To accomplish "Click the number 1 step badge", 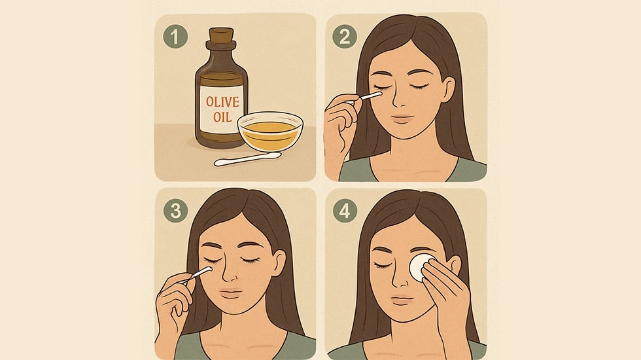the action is (175, 36).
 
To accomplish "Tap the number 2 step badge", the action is (345, 37).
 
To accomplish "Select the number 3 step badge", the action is (175, 211).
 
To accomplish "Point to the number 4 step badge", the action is (345, 211).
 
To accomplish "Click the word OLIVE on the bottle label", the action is (222, 101).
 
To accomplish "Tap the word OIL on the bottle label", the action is (222, 117).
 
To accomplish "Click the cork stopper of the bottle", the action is (221, 35).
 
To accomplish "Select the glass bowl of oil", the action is (270, 132).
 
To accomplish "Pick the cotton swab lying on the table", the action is (248, 158).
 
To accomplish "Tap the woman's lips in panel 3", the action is (231, 293).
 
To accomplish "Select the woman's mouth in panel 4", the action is (402, 300).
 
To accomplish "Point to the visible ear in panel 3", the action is (279, 263).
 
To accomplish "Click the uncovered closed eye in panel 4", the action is (383, 265).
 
